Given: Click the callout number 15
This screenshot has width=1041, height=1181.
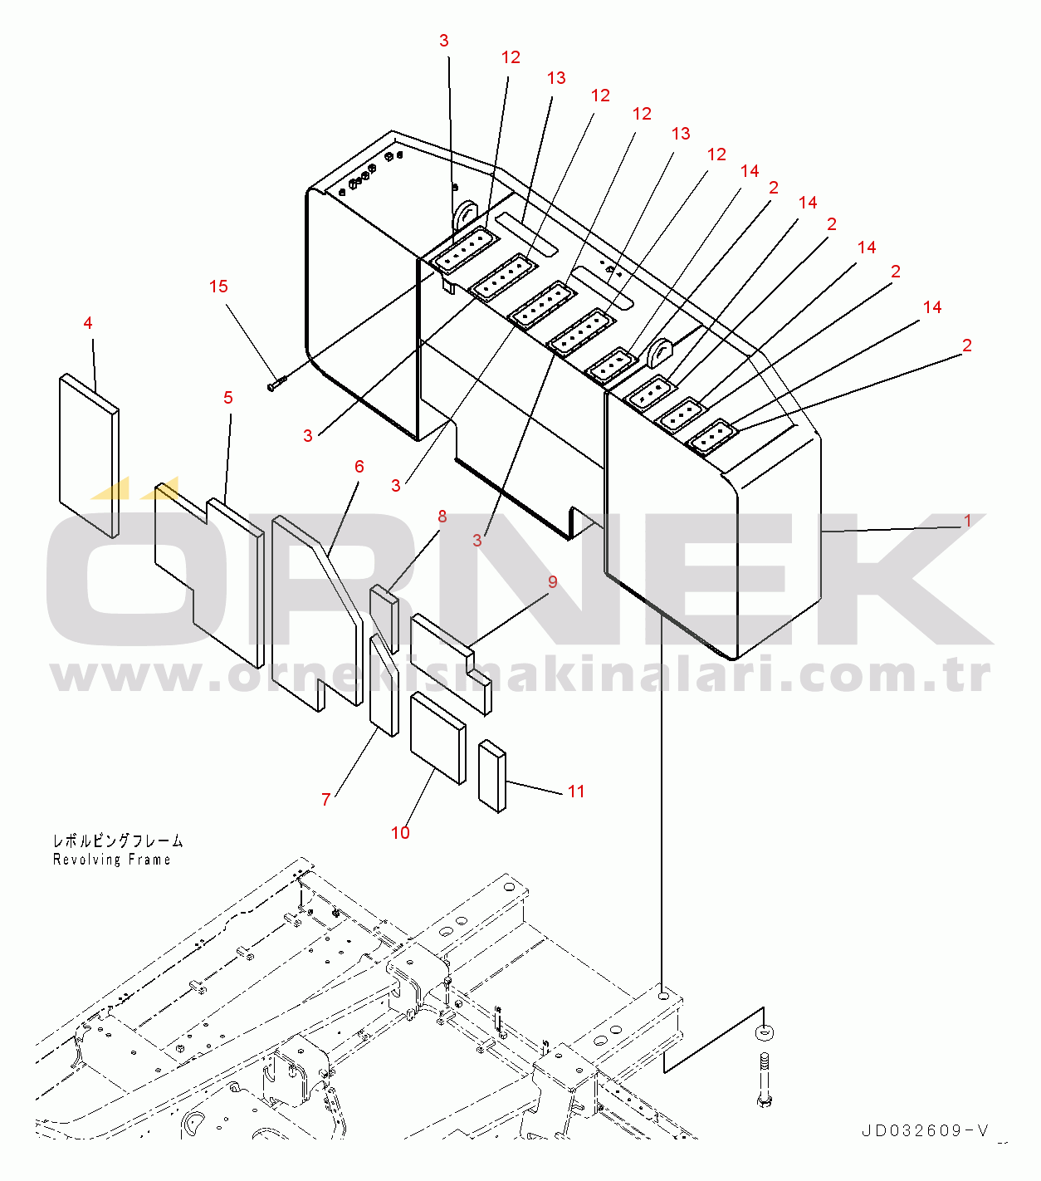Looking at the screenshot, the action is (218, 287).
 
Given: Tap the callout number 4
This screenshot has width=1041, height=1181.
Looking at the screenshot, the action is (88, 323).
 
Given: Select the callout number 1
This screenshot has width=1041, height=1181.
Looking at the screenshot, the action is (968, 521).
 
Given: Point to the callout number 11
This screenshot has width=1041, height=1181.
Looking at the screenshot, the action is (576, 791).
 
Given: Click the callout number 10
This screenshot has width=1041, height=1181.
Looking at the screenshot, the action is (400, 832).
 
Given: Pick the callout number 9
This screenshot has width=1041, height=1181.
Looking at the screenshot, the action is (553, 581).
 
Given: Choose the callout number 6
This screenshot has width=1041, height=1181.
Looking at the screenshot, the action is (359, 467).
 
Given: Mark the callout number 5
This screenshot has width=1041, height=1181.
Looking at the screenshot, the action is (228, 398).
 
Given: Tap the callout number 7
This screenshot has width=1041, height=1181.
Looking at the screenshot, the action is (325, 799).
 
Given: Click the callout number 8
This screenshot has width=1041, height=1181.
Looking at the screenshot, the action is (442, 517).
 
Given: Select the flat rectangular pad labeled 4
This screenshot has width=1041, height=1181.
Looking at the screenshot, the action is (89, 455).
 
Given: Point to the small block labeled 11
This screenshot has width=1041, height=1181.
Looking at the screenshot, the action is (492, 777).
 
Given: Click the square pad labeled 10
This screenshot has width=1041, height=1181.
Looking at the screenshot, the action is (438, 738).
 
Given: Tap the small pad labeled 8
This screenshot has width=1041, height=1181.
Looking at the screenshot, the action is (384, 619).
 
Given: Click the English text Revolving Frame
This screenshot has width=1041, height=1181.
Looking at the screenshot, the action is (111, 860).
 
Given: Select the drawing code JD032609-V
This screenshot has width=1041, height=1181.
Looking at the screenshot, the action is (925, 1131).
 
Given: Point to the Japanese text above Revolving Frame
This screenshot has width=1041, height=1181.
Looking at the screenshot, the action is (118, 840).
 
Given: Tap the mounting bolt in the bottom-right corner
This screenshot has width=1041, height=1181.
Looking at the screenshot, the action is (764, 1079).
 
